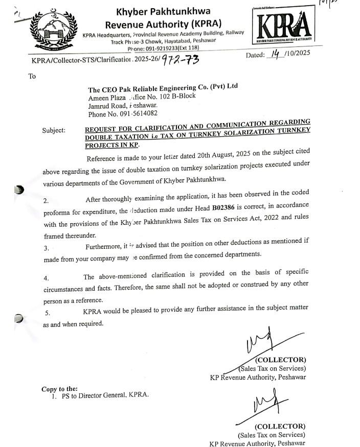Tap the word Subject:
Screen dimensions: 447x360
54,130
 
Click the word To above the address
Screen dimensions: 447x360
32,77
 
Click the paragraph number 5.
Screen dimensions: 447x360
48,313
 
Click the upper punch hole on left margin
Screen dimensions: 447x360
19,191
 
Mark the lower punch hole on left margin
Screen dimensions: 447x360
19,317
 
